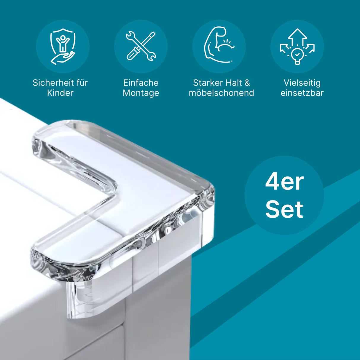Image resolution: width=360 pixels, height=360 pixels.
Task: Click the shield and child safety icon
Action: click(x=63, y=46)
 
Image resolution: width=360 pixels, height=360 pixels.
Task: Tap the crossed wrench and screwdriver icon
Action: click(x=141, y=46)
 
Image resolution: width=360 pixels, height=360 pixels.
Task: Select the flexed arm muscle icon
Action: click(x=219, y=45)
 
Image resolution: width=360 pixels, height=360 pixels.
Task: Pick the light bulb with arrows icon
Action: click(x=297, y=47)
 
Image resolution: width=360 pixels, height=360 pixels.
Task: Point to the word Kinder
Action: click(x=60, y=93)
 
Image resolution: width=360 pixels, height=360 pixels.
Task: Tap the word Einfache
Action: click(x=141, y=83)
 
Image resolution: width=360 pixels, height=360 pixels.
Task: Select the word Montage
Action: click(x=141, y=93)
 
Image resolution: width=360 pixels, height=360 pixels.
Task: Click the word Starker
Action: click(x=206, y=83)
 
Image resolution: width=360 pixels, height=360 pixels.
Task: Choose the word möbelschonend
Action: click(x=222, y=93)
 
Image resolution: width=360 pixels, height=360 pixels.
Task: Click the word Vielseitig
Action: click(x=302, y=83)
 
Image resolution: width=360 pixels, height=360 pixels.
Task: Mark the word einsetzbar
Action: click(x=302, y=93)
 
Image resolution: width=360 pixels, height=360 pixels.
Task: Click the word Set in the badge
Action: click(x=284, y=209)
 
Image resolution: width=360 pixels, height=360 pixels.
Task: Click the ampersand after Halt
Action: click(x=247, y=83)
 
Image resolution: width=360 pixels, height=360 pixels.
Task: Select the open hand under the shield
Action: click(x=63, y=58)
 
